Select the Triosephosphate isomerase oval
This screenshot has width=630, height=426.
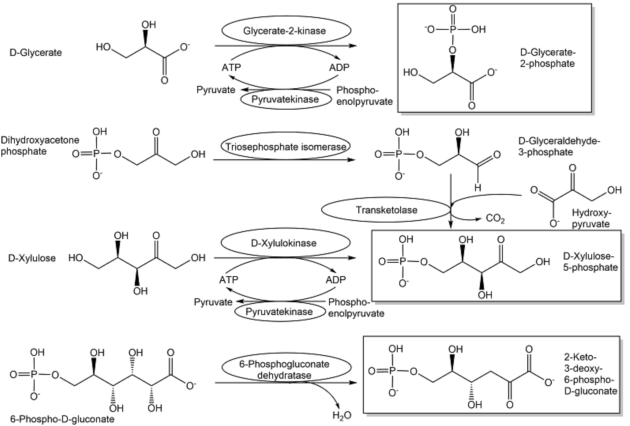click(285, 147)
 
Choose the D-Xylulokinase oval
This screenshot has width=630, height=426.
click(283, 243)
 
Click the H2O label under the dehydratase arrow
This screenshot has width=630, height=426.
click(342, 415)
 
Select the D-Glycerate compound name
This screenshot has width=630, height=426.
click(35, 52)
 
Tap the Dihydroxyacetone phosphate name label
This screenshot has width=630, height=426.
click(40, 146)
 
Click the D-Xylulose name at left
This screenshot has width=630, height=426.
click(32, 258)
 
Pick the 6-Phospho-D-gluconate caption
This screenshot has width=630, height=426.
click(62, 419)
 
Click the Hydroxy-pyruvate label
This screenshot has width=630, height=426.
click(591, 218)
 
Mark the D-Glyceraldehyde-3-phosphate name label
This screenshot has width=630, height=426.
click(559, 146)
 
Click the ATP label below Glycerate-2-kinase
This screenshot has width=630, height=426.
click(231, 67)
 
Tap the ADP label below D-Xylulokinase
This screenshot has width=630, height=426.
click(336, 280)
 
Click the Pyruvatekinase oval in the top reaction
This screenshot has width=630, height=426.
click(285, 99)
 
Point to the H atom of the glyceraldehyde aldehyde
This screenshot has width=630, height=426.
click(478, 187)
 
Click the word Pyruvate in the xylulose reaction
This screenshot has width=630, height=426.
click(213, 302)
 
